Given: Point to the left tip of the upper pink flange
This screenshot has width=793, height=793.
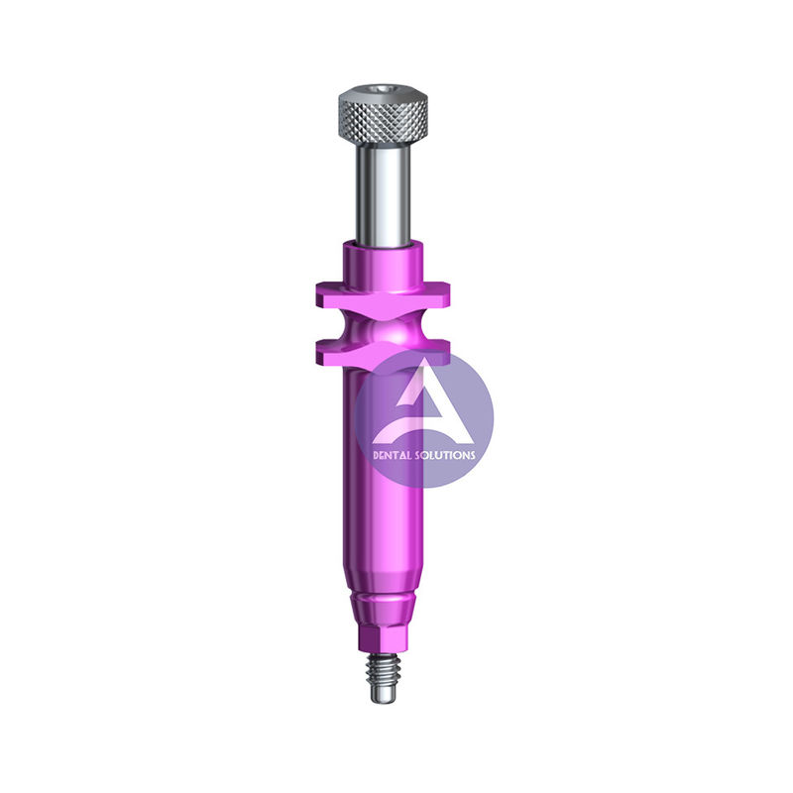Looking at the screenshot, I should point(319,291).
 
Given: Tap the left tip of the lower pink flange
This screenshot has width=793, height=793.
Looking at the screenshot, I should point(319,349).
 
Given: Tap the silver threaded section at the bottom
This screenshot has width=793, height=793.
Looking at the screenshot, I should point(382,669).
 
